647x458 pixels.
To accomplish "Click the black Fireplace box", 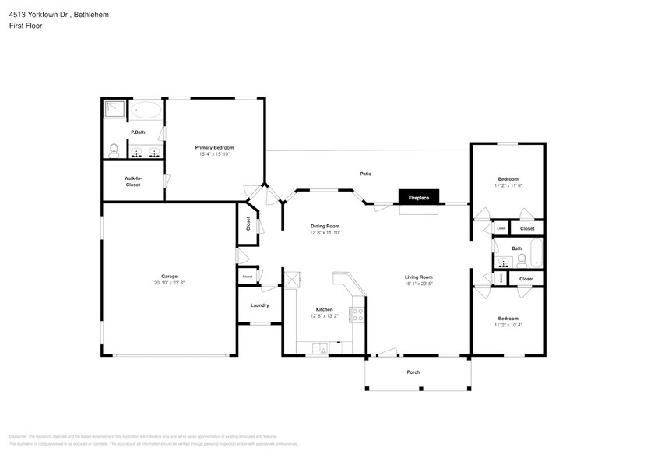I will (419, 198).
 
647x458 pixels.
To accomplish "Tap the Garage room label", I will (169, 276).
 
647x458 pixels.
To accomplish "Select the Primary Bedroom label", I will (214, 147).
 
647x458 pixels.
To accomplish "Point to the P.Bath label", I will (137, 132).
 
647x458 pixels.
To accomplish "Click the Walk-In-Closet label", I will (132, 181).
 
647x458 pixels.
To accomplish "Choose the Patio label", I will (365, 174).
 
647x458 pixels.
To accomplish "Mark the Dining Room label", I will (325, 226).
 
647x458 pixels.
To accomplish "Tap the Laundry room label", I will (259, 305).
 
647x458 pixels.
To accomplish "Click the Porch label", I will (413, 372).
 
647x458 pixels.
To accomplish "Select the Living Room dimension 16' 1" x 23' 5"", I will (418, 284).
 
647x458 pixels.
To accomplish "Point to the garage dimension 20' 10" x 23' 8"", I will (169, 282).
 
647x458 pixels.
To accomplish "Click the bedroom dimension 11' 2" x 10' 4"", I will (508, 324).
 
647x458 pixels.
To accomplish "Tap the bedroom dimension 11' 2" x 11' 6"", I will (508, 185).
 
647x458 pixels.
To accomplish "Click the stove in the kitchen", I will (357, 314).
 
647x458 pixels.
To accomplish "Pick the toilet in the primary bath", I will (114, 149).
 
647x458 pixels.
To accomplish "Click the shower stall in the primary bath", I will (114, 108).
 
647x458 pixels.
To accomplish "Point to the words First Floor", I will (26, 26).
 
